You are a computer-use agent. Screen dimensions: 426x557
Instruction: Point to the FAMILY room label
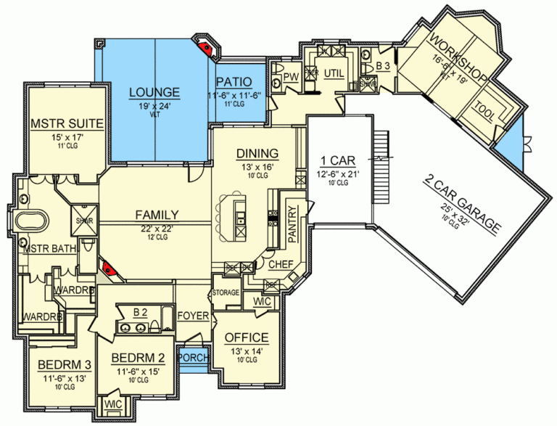(155, 215)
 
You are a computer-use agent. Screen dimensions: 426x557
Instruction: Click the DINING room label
(257, 153)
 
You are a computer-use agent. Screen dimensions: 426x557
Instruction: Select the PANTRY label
(292, 223)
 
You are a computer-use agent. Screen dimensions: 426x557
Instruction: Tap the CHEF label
(281, 265)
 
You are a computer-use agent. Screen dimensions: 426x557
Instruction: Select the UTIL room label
(334, 73)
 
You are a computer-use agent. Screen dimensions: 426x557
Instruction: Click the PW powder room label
(291, 76)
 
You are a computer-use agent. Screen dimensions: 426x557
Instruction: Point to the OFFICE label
(247, 337)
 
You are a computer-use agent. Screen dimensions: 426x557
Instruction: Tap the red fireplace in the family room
(110, 269)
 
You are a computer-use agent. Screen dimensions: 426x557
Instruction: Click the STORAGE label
(226, 292)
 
